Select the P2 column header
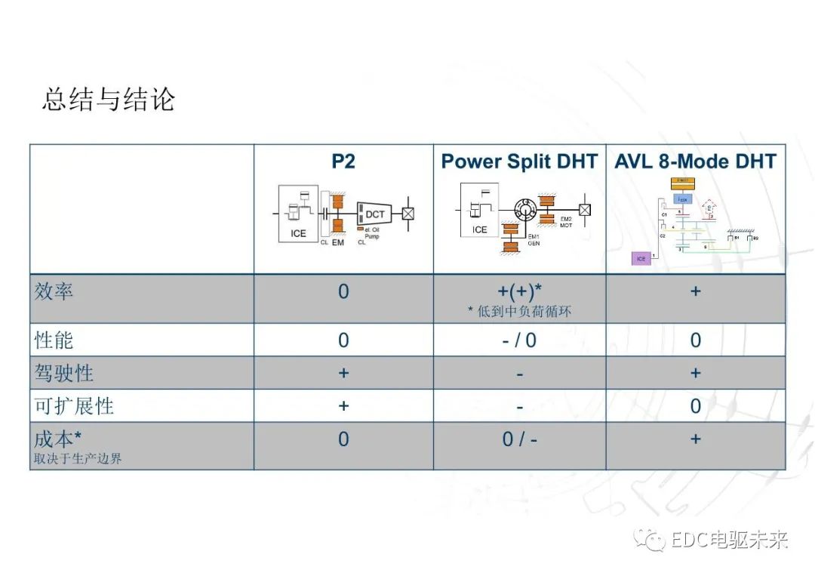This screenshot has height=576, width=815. point(343,161)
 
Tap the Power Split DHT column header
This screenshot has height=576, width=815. point(519,161)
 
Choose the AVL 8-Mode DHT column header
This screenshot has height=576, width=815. point(695,161)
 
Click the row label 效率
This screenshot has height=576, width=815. point(54,291)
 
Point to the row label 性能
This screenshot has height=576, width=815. point(54,340)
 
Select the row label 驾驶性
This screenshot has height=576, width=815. point(64,373)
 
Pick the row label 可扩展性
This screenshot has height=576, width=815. point(74,406)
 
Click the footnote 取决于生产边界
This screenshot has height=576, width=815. point(77,458)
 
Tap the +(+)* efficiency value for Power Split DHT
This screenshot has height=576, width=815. point(519,291)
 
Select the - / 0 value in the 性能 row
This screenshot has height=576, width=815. point(519,340)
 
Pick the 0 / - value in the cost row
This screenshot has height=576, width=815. point(519,439)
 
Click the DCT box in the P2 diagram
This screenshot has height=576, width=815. point(374,214)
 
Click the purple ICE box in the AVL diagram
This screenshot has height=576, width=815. point(641,259)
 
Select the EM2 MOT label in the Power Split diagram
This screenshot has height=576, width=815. point(566,223)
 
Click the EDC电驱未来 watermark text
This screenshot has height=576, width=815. point(729,541)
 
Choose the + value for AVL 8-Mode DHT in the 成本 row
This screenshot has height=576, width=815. point(695,439)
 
